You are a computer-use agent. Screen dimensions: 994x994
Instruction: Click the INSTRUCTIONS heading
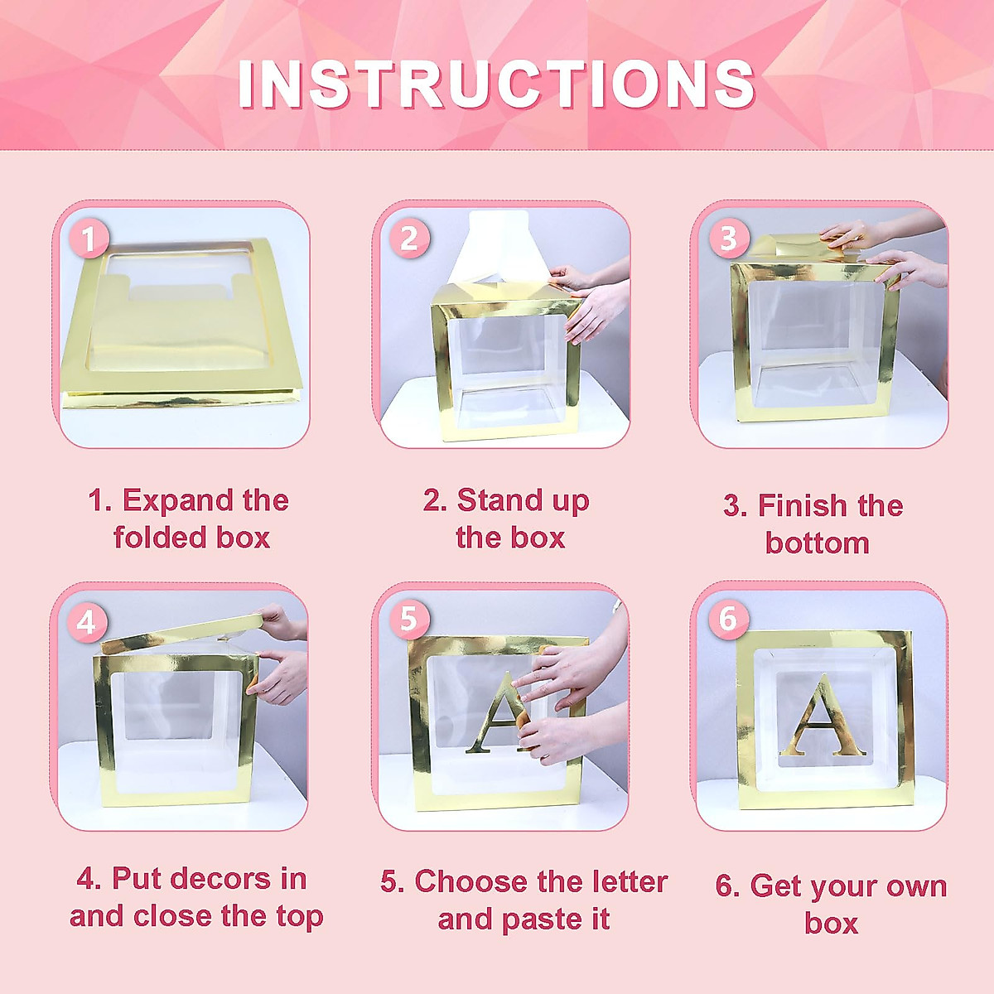point(496,84)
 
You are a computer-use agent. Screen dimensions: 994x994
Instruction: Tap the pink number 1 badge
point(89,240)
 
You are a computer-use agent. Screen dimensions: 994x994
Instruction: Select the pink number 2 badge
point(408,239)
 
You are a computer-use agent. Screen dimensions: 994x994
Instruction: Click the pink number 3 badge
point(728,239)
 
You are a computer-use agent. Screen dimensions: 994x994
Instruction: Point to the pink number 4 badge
point(87,621)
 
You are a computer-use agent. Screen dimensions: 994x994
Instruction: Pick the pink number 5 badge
point(408,619)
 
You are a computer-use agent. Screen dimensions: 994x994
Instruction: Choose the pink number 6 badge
point(728,618)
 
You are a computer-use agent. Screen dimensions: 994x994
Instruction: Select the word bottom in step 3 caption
point(817,543)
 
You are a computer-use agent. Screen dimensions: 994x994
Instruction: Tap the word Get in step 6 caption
point(775,885)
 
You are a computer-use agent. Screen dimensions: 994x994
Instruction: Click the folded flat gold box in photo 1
point(178,331)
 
